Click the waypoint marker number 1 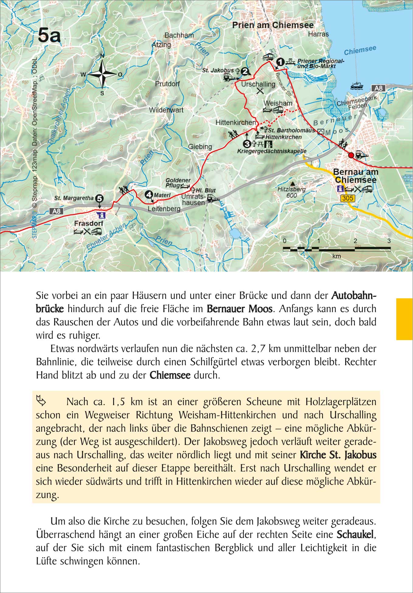pos(280,62)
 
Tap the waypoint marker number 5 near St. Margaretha pos(99,198)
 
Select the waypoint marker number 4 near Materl pos(149,194)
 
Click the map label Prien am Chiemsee pos(273,25)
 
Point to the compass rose pos(102,74)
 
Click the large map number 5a pos(49,35)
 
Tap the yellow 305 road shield pos(348,198)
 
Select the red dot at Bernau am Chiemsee pos(351,155)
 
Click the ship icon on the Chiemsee pos(356,86)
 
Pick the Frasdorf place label pos(88,223)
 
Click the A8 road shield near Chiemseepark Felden pos(378,88)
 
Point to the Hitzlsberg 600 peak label pos(291,192)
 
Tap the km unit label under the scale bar pos(336,256)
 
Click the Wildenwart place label pos(166,110)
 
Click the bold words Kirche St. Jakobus pos(338,455)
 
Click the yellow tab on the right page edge pos(404,319)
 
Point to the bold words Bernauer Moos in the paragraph pos(239,309)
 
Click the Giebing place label pos(200,146)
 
